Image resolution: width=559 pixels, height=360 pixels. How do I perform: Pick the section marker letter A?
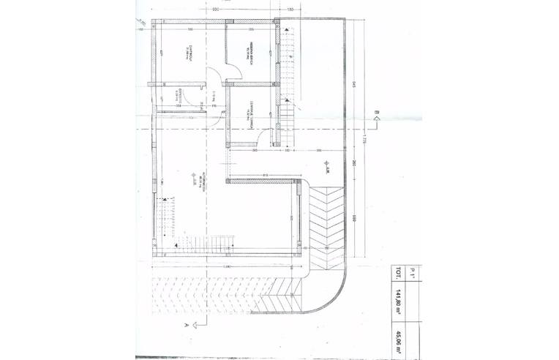coord(187,323)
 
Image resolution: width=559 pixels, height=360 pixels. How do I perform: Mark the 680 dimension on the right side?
coord(354,217)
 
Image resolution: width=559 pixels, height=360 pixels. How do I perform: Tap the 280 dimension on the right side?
coord(354,162)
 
